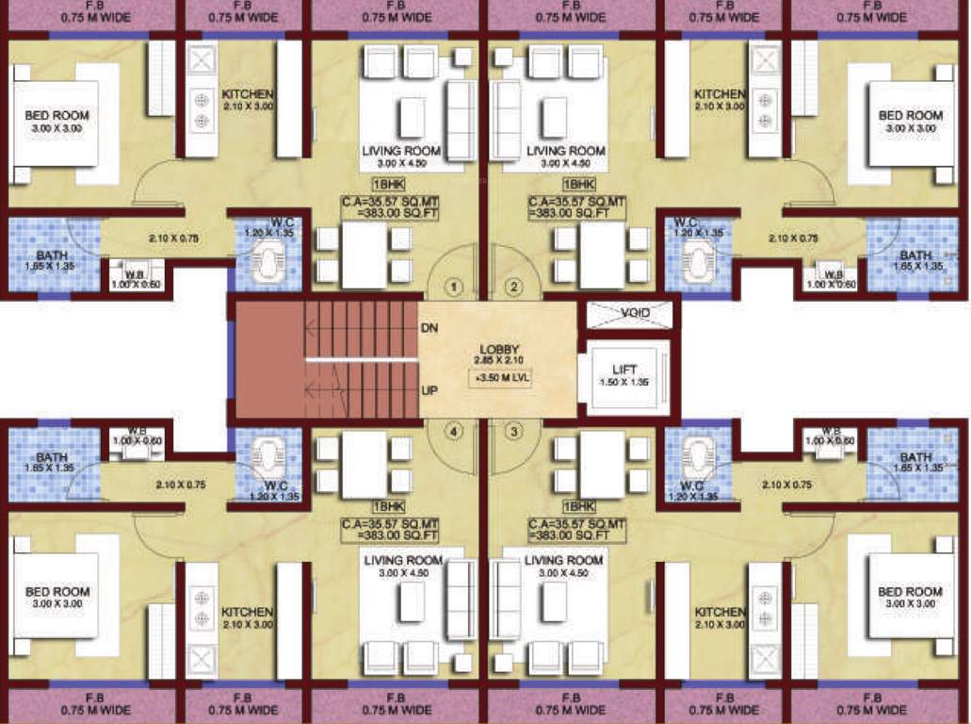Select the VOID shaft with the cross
pyautogui.click(x=629, y=314)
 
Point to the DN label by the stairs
pyautogui.click(x=429, y=328)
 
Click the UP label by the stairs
pyautogui.click(x=429, y=389)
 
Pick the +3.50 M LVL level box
pyautogui.click(x=498, y=379)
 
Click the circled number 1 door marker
pyautogui.click(x=455, y=286)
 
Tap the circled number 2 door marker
pyautogui.click(x=514, y=286)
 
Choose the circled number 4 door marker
pyautogui.click(x=455, y=432)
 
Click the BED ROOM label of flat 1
pyautogui.click(x=57, y=116)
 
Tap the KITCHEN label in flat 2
pyautogui.click(x=720, y=94)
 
